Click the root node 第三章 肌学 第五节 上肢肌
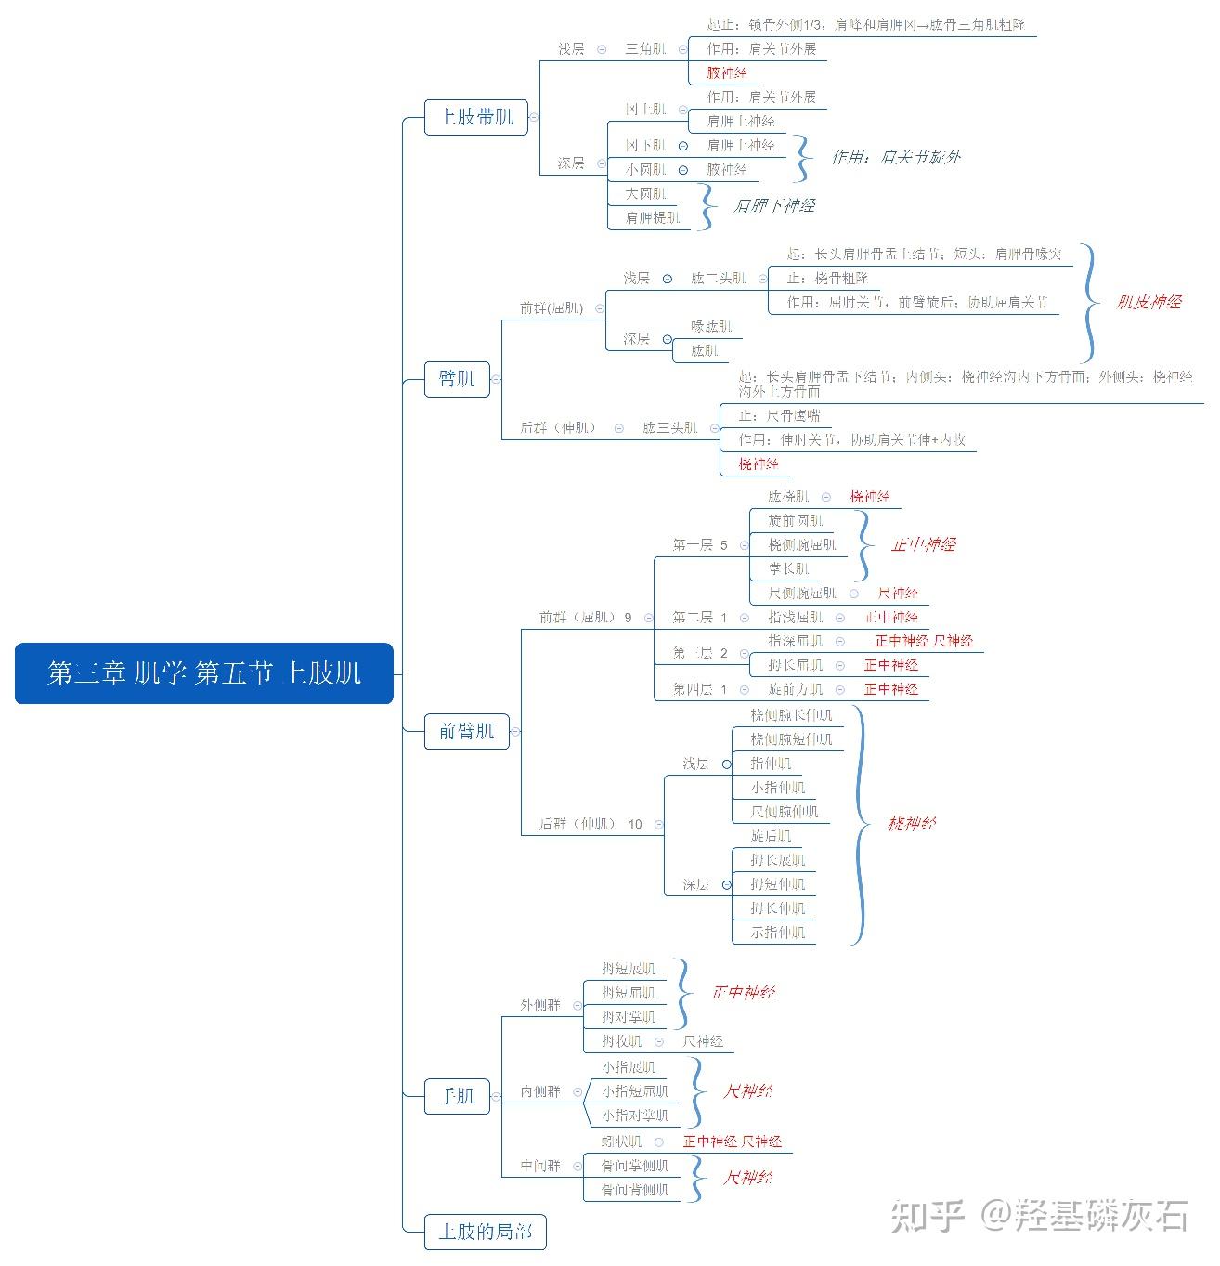tap(204, 672)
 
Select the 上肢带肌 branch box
tap(476, 117)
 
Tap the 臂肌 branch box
tap(457, 379)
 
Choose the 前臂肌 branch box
tap(466, 731)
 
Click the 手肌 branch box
tap(457, 1096)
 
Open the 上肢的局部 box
tap(485, 1232)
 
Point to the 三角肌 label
tap(645, 48)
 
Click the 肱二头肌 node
tap(718, 278)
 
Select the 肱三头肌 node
tap(669, 428)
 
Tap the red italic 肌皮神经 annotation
tap(1149, 302)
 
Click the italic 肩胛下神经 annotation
tap(773, 205)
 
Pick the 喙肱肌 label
tap(711, 327)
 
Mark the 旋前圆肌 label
tap(796, 520)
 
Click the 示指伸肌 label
tap(778, 933)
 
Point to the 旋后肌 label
tap(771, 836)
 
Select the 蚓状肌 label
tap(621, 1142)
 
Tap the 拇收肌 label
tap(621, 1041)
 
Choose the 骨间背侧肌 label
tap(634, 1190)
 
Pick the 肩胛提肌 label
tap(653, 218)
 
